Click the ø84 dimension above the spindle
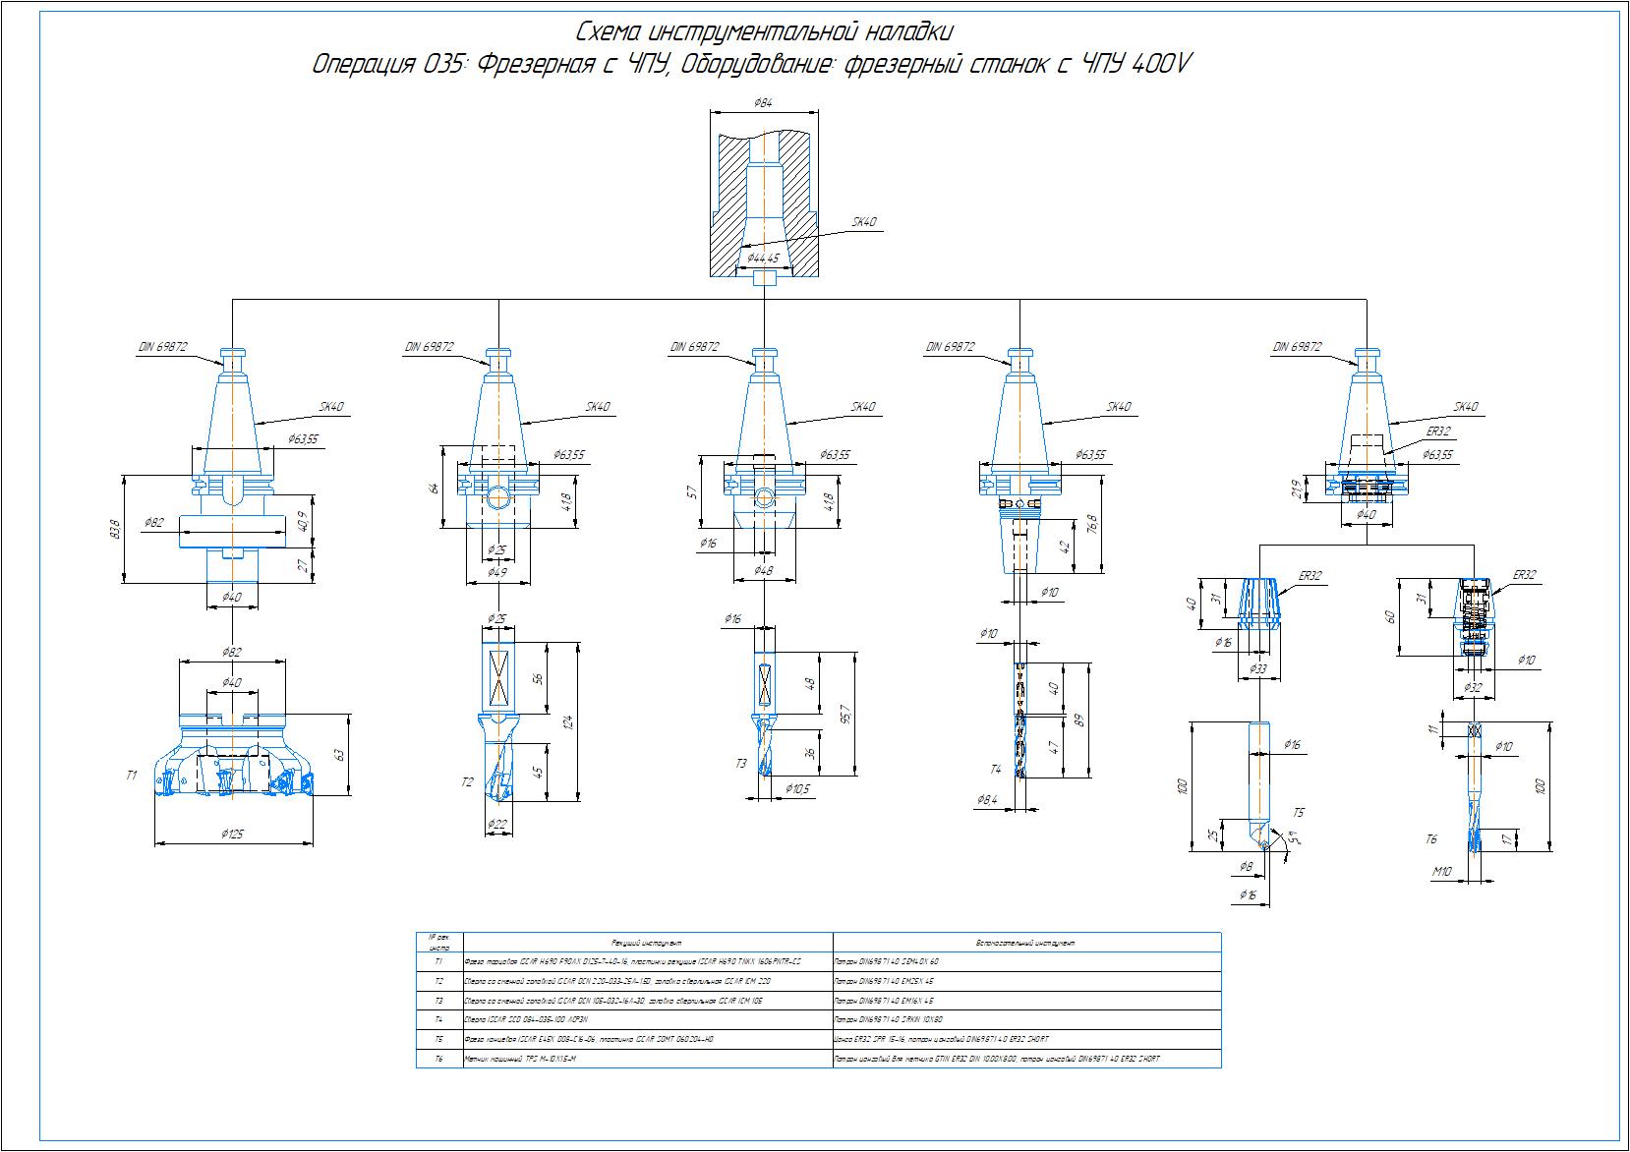point(762,102)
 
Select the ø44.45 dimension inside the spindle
point(763,259)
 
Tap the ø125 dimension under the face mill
point(233,834)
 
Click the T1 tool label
point(132,776)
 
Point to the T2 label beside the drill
point(468,782)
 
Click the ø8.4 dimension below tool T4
point(988,800)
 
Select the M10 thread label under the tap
point(1441,871)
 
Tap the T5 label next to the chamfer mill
point(1299,813)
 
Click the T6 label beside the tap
point(1431,839)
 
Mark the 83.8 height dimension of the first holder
point(116,529)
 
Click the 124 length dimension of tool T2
point(566,723)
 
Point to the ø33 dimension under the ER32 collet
point(1258,668)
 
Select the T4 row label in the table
point(439,1019)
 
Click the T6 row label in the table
point(439,1059)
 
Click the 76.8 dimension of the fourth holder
point(1092,524)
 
